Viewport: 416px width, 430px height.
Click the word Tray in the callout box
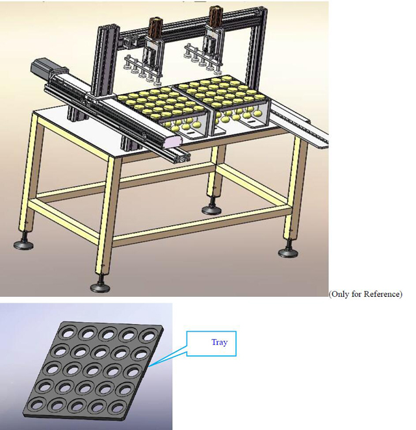pyautogui.click(x=219, y=342)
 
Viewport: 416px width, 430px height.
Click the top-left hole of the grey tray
pyautogui.click(x=66, y=331)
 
